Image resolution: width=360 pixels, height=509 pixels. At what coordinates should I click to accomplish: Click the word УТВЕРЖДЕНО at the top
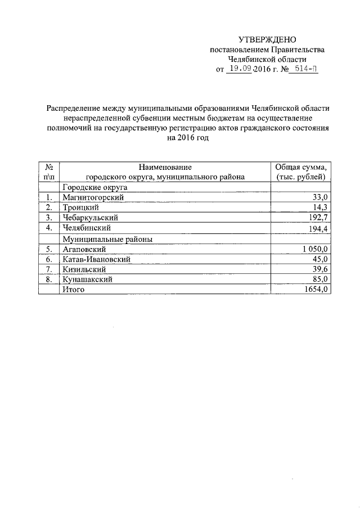click(267, 39)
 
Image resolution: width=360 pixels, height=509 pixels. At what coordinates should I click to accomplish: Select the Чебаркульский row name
click(91, 218)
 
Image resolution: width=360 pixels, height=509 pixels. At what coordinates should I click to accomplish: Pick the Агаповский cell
click(84, 249)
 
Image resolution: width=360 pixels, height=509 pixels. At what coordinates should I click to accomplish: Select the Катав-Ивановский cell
click(96, 259)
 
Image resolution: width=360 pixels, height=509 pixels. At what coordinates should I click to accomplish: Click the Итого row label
click(73, 289)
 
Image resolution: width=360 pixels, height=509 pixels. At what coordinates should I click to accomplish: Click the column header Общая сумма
click(300, 167)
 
